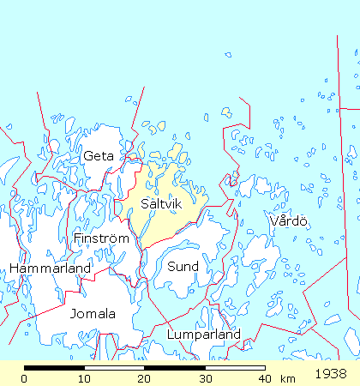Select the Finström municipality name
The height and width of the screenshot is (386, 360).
[101, 238]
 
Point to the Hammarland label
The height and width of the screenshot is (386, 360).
[50, 268]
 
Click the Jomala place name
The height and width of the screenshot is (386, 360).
[93, 313]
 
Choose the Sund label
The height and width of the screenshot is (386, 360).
[183, 267]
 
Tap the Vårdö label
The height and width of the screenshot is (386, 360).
[288, 221]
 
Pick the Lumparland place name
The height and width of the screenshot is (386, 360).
[204, 335]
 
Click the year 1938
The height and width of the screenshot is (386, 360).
[331, 375]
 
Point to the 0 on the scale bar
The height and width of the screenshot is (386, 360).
[24, 378]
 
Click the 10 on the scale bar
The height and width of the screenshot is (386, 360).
[84, 378]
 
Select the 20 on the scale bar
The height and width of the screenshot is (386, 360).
[144, 378]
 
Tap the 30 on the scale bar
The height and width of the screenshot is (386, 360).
[204, 378]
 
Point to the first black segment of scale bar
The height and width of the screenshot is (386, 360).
[54, 368]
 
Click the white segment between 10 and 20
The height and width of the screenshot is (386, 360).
[114, 368]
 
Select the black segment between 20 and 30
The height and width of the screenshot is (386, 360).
[174, 368]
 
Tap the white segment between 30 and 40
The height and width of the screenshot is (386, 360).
[234, 368]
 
